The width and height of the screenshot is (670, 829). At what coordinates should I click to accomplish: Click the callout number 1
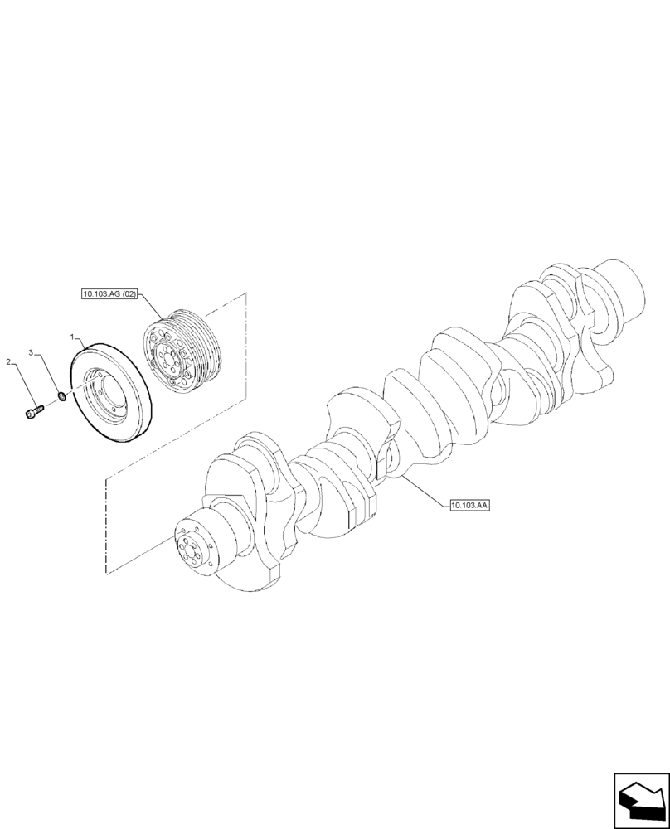tap(73, 338)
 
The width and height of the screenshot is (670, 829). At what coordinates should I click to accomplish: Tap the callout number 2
tap(9, 362)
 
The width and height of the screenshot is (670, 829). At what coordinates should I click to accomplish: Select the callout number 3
tap(32, 353)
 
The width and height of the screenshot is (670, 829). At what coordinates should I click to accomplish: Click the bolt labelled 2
tap(32, 410)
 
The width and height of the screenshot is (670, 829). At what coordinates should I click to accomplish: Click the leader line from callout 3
tap(46, 373)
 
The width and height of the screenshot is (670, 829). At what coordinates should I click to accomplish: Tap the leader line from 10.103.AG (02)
tap(153, 309)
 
